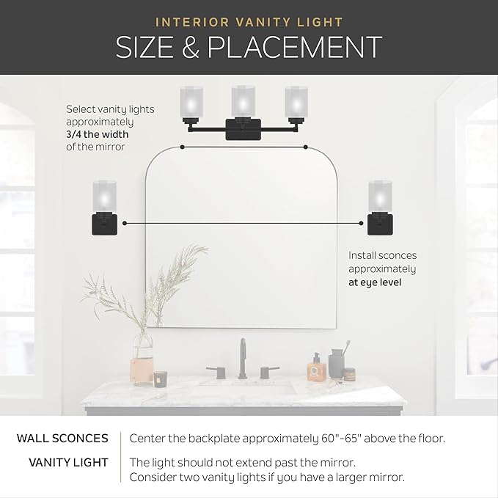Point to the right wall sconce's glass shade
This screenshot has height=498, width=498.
(378, 194)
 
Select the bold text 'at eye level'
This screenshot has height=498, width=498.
(376, 282)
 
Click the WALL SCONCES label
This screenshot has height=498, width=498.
(62, 439)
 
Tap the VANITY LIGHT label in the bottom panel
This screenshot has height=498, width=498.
(68, 462)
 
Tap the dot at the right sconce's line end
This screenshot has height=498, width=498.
(361, 221)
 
